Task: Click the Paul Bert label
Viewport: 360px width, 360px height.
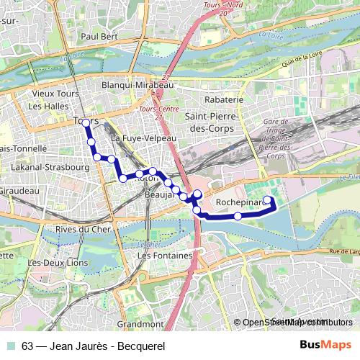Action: (x=100, y=35)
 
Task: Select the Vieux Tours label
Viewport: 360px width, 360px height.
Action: (x=55, y=94)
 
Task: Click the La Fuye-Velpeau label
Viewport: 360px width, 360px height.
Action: (x=145, y=137)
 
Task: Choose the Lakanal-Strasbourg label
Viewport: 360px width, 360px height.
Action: (x=50, y=167)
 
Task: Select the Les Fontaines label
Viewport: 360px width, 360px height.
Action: (x=164, y=256)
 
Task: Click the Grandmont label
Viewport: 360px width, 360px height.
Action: (x=140, y=325)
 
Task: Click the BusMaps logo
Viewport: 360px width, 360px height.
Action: (x=325, y=345)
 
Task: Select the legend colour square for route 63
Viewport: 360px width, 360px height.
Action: (x=12, y=345)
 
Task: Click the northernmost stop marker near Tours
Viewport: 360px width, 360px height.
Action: (x=86, y=123)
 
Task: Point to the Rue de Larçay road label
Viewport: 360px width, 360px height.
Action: (x=341, y=251)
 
